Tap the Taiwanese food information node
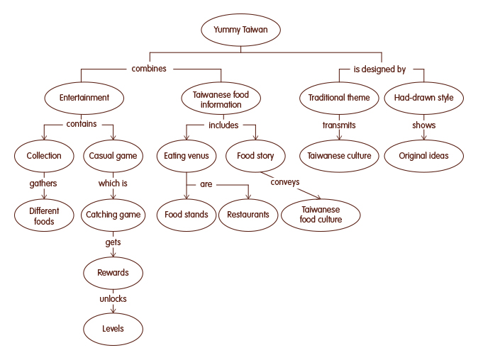coord(221,99)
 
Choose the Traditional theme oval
coord(339,98)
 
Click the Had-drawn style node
coord(423,98)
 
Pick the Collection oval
coord(44,156)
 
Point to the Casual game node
coord(112,156)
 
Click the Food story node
coord(255,156)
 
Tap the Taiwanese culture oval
coord(339,156)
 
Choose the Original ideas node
coord(423,156)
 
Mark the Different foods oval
coord(44,215)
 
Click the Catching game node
coord(112,214)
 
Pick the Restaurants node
coord(248,215)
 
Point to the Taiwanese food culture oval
coord(321,215)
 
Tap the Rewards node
coord(113,272)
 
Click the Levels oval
coord(113,329)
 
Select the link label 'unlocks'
coord(113,299)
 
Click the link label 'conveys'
coord(284,182)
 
